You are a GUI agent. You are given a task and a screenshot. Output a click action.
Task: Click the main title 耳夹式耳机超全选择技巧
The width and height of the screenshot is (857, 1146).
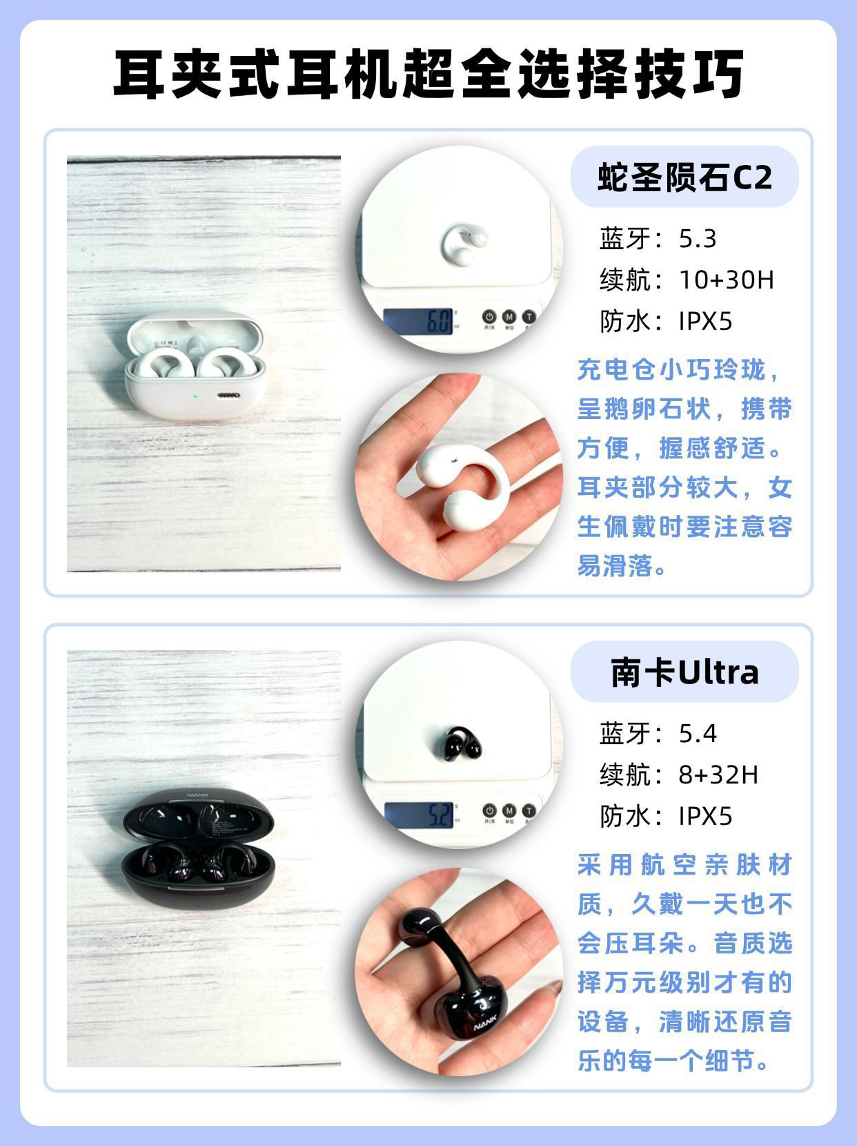point(428,74)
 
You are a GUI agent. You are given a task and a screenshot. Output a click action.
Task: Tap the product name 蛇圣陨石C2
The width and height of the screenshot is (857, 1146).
point(684,177)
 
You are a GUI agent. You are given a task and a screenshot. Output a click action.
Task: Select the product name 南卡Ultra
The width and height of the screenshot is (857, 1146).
point(684,672)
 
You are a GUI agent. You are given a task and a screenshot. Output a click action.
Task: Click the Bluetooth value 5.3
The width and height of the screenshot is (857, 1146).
point(698,239)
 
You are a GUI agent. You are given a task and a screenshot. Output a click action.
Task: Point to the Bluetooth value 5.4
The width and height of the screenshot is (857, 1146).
point(698,734)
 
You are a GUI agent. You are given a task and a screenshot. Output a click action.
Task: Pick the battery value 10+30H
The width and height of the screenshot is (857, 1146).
point(726,280)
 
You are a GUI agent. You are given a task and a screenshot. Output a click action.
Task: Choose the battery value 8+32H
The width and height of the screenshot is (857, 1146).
point(718,775)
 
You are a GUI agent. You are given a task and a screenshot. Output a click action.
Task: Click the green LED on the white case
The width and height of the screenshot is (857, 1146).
point(195,396)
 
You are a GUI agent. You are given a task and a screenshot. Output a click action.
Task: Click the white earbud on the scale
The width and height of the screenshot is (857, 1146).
point(464,244)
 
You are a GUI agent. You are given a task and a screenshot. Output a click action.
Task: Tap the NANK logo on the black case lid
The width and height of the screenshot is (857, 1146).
point(197,795)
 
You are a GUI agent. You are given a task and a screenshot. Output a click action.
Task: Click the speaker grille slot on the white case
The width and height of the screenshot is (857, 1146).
point(228,395)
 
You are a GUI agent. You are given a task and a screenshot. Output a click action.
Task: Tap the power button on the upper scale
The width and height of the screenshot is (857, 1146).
point(489,316)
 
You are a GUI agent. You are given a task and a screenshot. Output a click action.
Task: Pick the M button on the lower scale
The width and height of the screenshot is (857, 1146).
point(509,810)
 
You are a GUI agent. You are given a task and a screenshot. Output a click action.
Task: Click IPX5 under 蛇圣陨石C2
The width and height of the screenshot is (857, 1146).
point(705,321)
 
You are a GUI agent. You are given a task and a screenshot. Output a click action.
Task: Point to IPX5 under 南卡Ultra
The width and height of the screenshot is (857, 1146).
point(705,816)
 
